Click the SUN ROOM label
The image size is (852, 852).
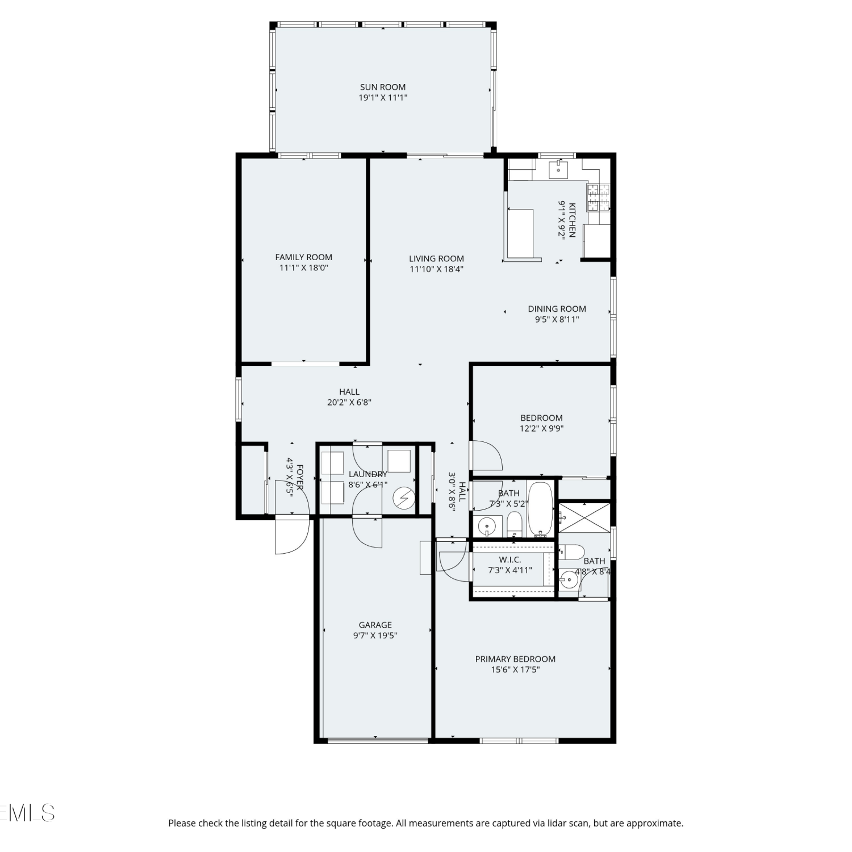383,87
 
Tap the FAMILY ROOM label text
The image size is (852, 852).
304,257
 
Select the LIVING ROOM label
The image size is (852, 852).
436,258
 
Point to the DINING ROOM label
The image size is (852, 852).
557,309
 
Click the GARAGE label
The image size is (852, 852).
375,625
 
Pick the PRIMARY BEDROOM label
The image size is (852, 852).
515,659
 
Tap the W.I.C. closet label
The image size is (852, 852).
510,559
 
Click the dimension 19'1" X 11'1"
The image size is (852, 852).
383,98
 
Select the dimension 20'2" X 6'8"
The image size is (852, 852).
349,402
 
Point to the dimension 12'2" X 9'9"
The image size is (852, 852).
541,429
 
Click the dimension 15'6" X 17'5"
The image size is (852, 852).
515,670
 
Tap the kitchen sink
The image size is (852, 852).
559,169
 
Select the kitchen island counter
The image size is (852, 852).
520,233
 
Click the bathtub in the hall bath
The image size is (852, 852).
540,509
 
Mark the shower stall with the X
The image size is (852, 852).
584,517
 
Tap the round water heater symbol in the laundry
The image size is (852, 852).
404,499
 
